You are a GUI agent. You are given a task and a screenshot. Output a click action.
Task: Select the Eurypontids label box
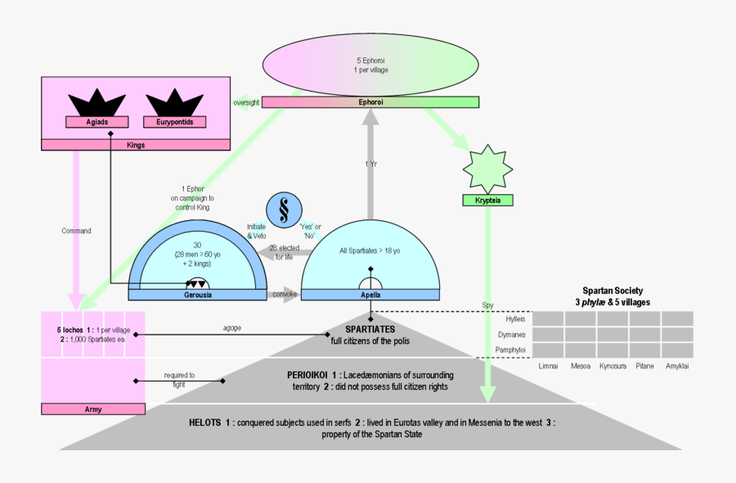click(173, 123)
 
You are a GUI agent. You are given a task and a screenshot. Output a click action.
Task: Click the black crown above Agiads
click(97, 103)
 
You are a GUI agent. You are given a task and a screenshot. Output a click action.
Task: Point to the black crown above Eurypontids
click(174, 103)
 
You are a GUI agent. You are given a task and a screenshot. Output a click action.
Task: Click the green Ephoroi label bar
click(370, 102)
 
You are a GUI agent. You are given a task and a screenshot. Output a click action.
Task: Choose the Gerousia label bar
click(197, 295)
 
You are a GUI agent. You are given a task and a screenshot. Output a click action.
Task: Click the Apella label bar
click(370, 295)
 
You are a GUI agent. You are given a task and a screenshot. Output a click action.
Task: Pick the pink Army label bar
click(92, 409)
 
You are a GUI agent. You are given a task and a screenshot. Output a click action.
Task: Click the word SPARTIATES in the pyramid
click(370, 329)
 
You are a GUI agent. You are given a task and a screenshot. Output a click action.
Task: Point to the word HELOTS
click(204, 422)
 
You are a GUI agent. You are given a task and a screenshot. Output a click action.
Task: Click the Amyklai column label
click(677, 366)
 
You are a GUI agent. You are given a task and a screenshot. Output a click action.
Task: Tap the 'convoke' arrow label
click(284, 294)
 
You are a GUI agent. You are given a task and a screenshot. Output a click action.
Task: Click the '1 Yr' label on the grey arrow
click(370, 164)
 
